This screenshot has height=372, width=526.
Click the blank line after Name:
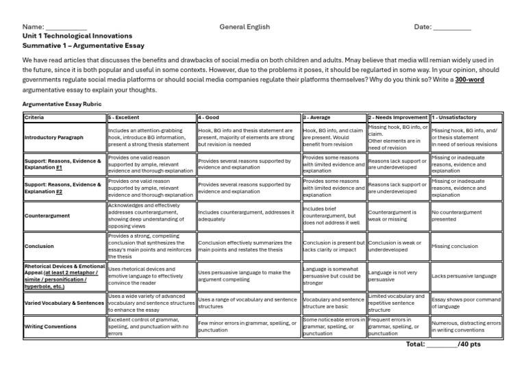tap(67, 28)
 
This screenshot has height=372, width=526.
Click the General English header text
tap(245, 27)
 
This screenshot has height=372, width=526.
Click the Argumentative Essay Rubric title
tap(62, 103)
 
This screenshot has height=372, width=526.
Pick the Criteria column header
tap(34, 118)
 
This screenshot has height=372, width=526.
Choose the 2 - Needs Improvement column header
tap(398, 118)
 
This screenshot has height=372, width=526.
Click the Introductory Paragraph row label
tap(53, 138)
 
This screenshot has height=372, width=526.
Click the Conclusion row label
tap(39, 247)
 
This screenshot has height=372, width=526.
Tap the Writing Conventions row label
tap(50, 327)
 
